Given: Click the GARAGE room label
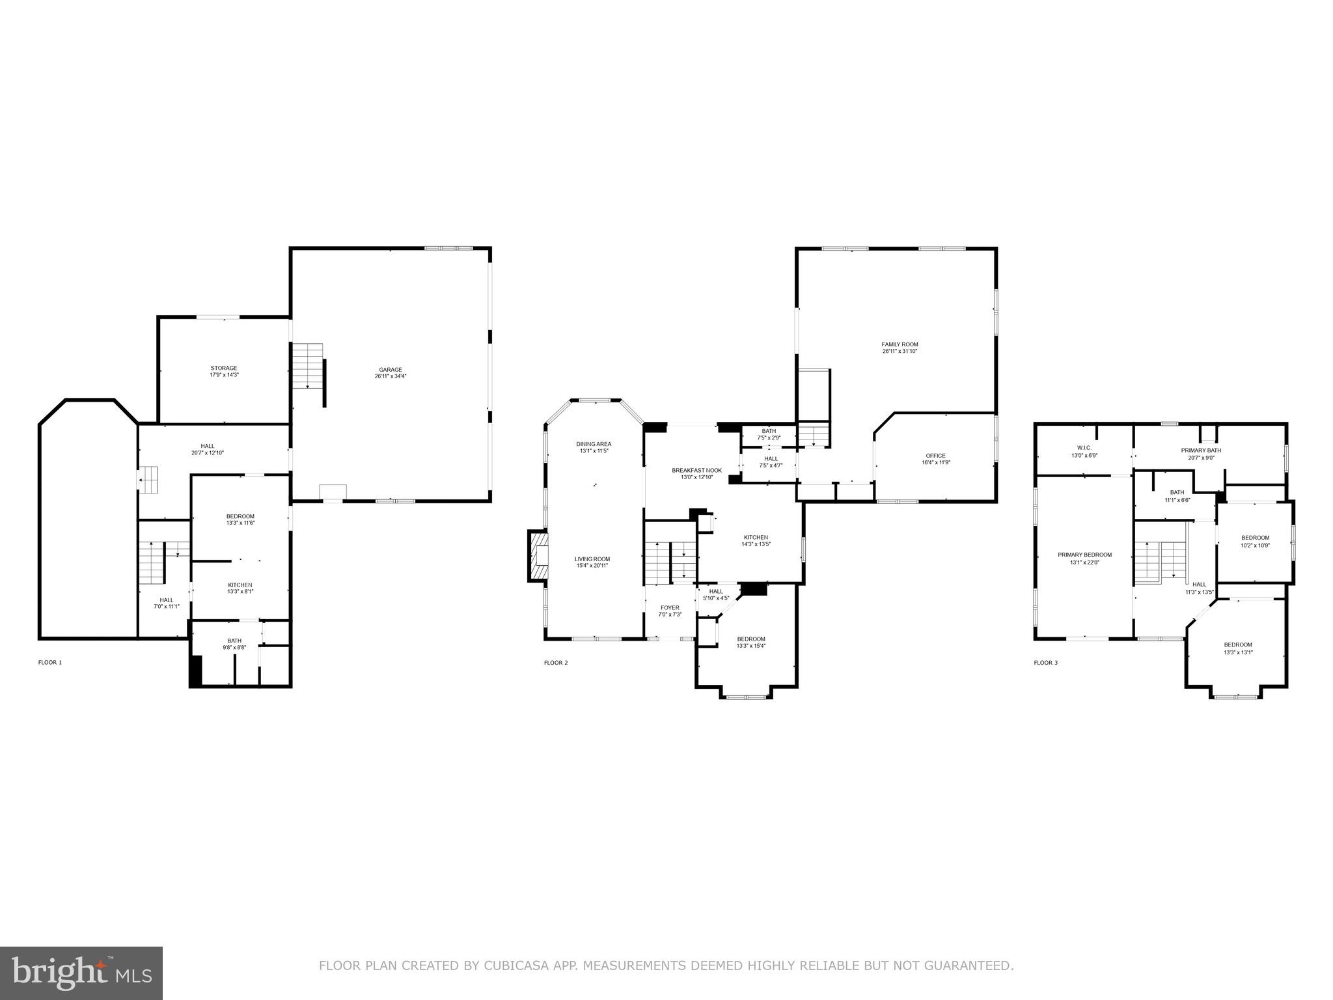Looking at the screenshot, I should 391,370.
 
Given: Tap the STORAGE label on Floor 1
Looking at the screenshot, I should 224,368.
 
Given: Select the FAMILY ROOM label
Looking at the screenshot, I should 900,344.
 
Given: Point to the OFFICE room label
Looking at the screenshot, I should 935,456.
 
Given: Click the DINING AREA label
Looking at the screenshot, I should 594,444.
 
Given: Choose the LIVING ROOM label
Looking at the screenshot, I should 592,559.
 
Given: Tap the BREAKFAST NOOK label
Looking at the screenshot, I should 696,470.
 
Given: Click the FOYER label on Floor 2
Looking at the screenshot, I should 669,607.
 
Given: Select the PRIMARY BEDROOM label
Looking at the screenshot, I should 1084,555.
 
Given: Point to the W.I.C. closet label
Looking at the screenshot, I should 1084,447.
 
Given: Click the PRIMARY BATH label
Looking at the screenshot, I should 1201,450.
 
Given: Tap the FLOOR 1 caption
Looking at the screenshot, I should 50,662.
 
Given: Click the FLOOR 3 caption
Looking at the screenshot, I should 1045,663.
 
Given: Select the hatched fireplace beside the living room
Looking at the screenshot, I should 538,555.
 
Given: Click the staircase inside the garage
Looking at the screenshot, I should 307,366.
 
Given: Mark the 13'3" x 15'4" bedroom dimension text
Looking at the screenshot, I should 751,646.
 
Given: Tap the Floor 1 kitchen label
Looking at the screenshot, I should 240,585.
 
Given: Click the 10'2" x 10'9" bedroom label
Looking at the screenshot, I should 1255,537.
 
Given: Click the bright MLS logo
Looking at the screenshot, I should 81,973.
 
